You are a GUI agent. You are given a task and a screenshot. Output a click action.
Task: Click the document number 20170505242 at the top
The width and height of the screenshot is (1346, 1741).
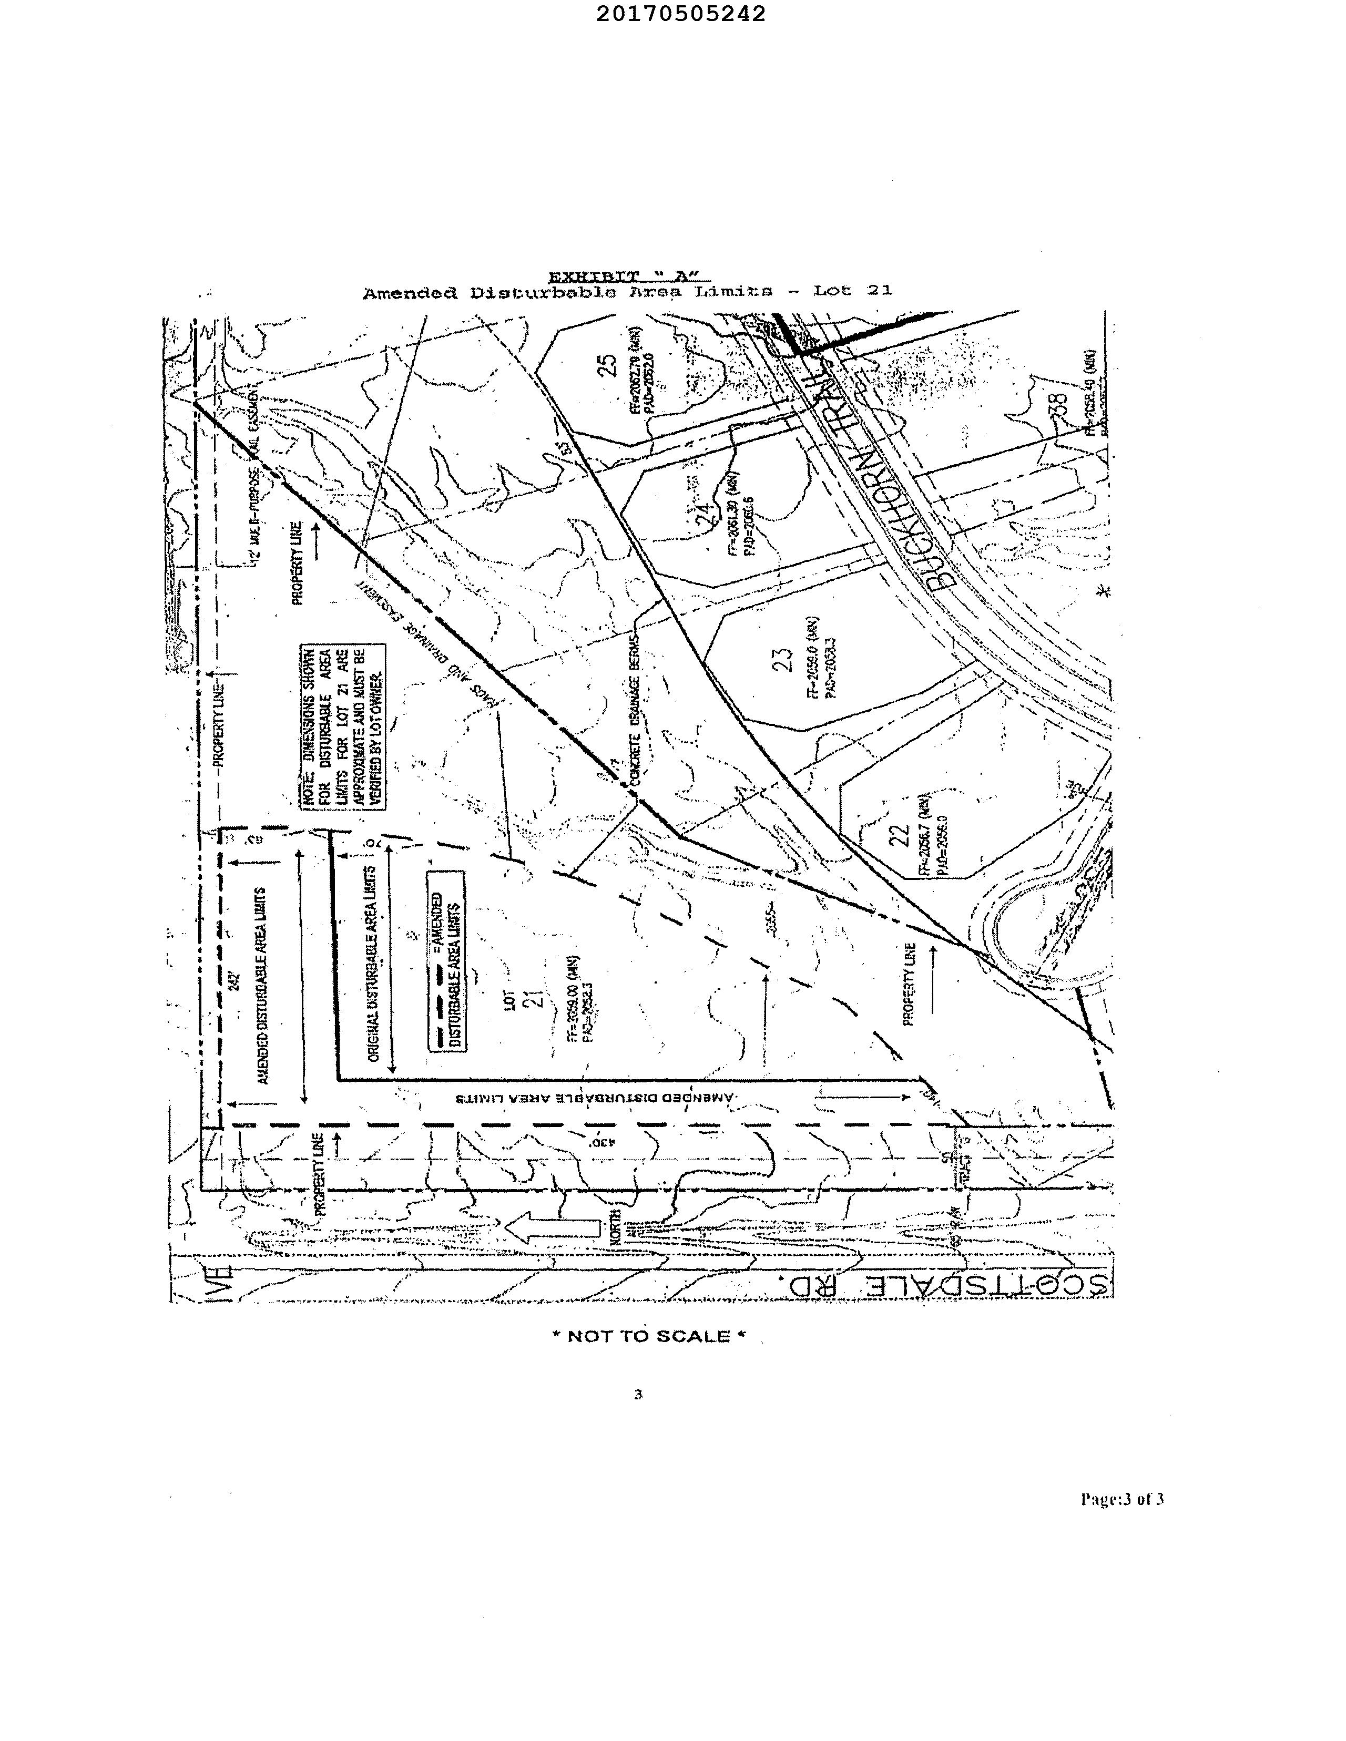coord(680,14)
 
